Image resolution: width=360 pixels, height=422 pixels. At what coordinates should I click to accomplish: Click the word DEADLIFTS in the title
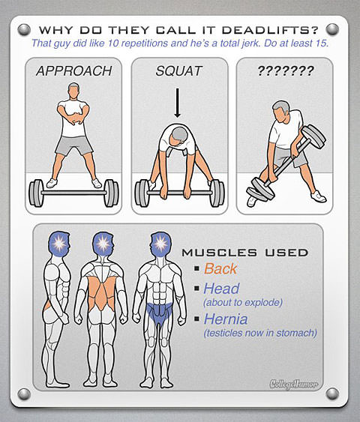pyautogui.click(x=270, y=29)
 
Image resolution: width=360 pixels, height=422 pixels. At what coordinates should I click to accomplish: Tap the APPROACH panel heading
pyautogui.click(x=73, y=71)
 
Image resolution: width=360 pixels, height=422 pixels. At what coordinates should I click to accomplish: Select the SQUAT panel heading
pyautogui.click(x=178, y=71)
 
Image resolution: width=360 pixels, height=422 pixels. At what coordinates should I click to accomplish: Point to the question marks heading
pyautogui.click(x=286, y=70)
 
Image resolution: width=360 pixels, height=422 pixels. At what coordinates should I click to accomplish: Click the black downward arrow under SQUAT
pyautogui.click(x=177, y=103)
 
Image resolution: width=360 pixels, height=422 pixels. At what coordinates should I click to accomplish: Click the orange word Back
pyautogui.click(x=220, y=268)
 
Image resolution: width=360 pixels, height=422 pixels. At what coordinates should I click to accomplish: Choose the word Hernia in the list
pyautogui.click(x=225, y=319)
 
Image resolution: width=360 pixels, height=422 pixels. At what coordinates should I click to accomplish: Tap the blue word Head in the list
pyautogui.click(x=221, y=289)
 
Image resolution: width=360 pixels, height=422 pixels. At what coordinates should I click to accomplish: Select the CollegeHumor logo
pyautogui.click(x=294, y=384)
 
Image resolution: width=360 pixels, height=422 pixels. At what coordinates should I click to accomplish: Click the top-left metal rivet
pyautogui.click(x=24, y=29)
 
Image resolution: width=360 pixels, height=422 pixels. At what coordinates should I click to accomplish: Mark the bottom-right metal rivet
pyautogui.click(x=332, y=394)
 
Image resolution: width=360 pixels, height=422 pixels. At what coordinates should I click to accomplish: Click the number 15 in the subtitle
pyautogui.click(x=321, y=43)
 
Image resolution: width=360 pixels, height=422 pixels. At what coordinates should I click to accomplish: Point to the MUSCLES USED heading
pyautogui.click(x=245, y=253)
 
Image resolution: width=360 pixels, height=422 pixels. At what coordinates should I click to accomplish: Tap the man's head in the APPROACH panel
pyautogui.click(x=73, y=91)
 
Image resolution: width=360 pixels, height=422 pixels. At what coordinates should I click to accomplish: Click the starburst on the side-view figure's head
pyautogui.click(x=58, y=244)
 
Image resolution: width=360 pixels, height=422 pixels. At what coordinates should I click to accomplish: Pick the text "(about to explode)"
pyautogui.click(x=243, y=303)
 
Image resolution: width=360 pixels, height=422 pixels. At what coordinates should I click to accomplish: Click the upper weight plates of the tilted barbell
pyautogui.click(x=313, y=136)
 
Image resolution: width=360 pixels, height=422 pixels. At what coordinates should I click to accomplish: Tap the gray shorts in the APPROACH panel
pyautogui.click(x=74, y=145)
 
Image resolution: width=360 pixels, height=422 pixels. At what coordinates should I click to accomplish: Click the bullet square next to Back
pyautogui.click(x=196, y=268)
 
